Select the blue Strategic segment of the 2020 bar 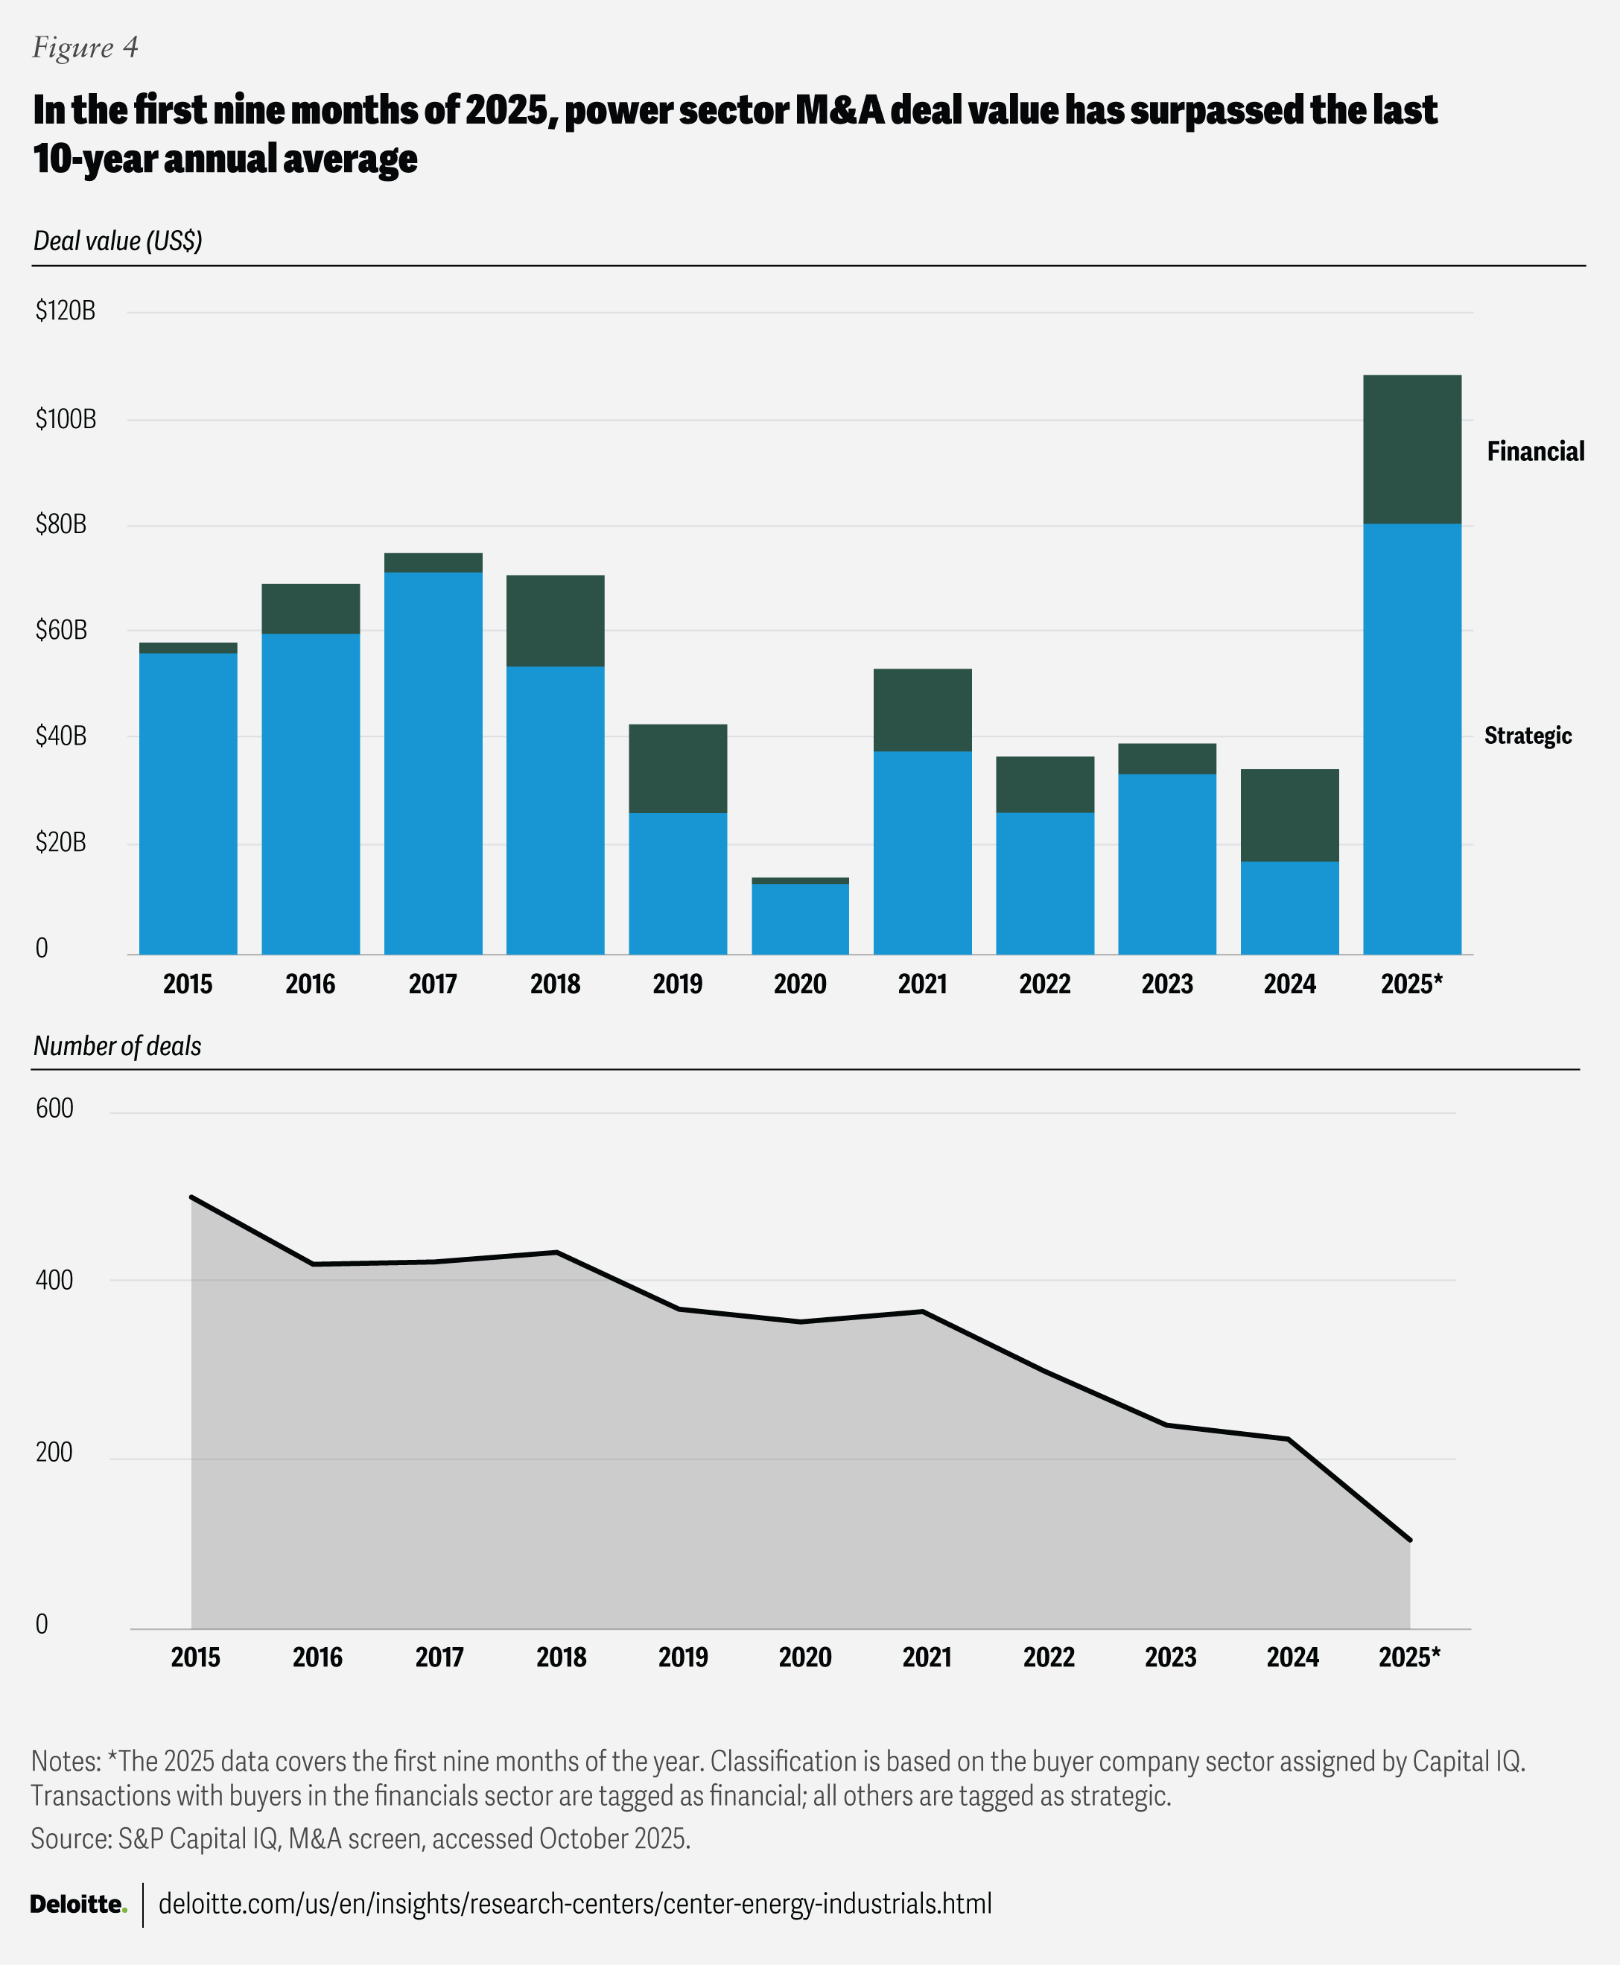[800, 918]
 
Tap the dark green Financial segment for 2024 [1289, 815]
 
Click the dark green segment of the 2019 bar [678, 768]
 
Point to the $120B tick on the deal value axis [66, 310]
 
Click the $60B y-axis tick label [62, 631]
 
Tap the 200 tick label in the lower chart [54, 1452]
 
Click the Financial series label [1535, 451]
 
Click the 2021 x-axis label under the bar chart [922, 984]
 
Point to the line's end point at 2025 [1409, 1540]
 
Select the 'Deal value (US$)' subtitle [118, 241]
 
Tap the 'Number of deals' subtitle [118, 1046]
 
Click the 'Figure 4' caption [85, 48]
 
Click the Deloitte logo [78, 1903]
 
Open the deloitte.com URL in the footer [575, 1903]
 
